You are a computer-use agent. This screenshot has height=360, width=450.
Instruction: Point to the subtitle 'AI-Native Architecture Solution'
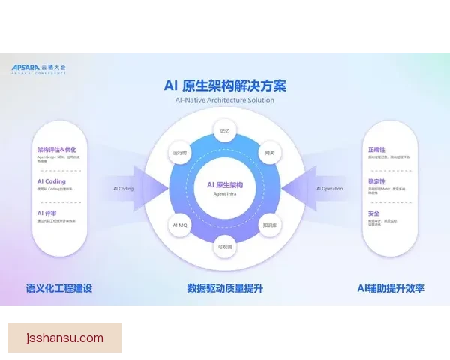coord(225,100)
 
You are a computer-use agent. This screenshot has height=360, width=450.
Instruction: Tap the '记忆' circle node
coord(224,130)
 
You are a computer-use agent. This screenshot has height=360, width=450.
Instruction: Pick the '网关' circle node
coord(271,152)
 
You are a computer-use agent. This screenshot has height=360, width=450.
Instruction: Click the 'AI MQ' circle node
coord(180,225)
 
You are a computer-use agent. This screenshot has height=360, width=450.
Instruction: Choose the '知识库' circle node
coord(270,225)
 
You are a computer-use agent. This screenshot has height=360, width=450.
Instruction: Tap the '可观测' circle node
coord(224,245)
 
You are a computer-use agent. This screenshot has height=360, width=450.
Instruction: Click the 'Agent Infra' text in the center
coord(224,193)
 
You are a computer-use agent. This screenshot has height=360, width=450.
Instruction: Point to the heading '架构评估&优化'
coord(57,149)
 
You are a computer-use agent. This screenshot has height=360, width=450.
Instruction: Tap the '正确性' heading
coord(376,149)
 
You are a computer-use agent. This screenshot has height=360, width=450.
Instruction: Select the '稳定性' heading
coord(376,181)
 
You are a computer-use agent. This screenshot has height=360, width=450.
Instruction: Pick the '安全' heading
coord(373,214)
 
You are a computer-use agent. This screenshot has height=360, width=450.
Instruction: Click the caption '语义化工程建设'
coord(59,288)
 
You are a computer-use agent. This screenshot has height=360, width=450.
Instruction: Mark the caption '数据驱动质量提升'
coord(225,288)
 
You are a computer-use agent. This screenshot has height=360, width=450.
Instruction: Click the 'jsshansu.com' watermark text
coord(64,337)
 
